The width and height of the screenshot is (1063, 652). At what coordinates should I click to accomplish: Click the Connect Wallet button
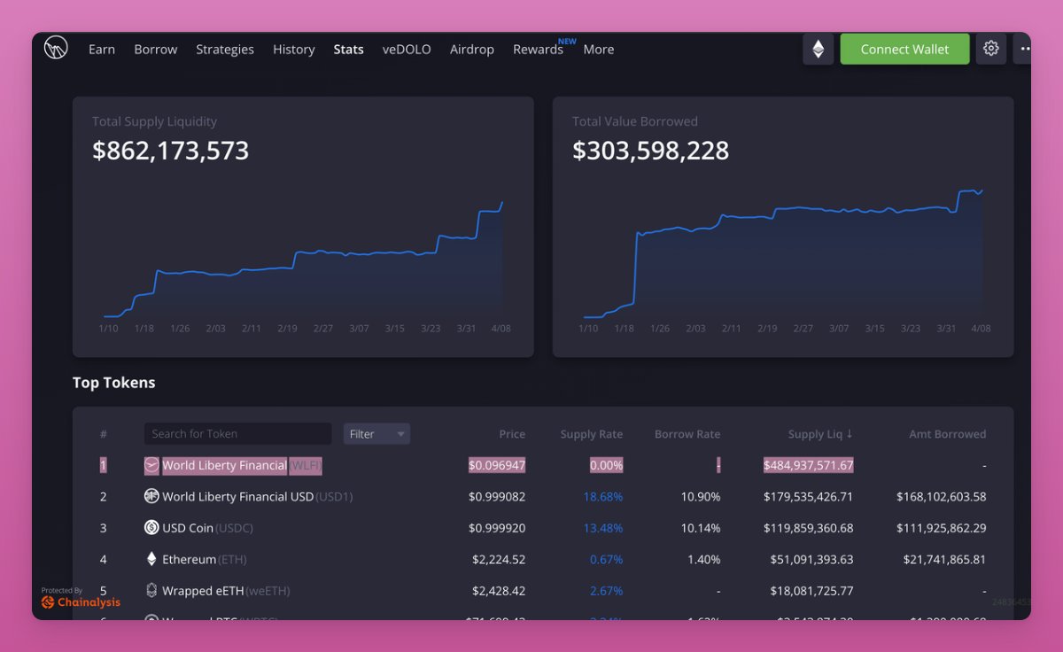(x=904, y=50)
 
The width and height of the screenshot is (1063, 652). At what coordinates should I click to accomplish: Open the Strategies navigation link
(x=225, y=50)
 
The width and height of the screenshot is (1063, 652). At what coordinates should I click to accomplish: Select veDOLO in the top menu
(x=407, y=50)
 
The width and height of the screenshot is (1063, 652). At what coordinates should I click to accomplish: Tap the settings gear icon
(x=991, y=49)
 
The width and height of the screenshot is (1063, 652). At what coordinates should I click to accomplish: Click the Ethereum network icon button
(x=819, y=50)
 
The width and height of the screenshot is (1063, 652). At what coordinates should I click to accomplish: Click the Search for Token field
(x=237, y=434)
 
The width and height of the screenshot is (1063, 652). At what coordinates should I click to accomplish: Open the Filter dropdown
(x=376, y=434)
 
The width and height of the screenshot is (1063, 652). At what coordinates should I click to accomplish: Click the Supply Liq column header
(x=820, y=434)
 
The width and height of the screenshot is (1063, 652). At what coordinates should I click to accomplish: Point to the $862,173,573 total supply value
(x=171, y=151)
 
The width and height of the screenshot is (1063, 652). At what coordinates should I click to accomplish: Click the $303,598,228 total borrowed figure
(x=651, y=151)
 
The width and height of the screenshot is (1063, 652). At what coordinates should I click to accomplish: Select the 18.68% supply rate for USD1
(x=603, y=497)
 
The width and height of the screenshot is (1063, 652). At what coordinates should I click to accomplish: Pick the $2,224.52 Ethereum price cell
(x=499, y=560)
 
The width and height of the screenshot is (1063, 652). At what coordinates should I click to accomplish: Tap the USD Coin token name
(x=188, y=528)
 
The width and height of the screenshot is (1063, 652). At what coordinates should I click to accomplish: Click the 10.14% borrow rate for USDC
(x=701, y=528)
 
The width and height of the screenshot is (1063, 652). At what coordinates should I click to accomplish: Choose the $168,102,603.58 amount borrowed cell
(x=928, y=497)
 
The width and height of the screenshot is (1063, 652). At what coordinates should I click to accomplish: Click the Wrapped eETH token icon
(x=151, y=591)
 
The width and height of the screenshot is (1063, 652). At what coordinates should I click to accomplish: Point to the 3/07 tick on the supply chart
(x=359, y=329)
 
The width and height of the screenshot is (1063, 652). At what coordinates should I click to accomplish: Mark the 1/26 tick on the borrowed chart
(x=660, y=329)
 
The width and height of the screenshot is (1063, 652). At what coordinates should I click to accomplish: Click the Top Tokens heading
(x=113, y=383)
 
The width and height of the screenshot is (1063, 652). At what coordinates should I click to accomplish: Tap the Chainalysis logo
(x=81, y=602)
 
